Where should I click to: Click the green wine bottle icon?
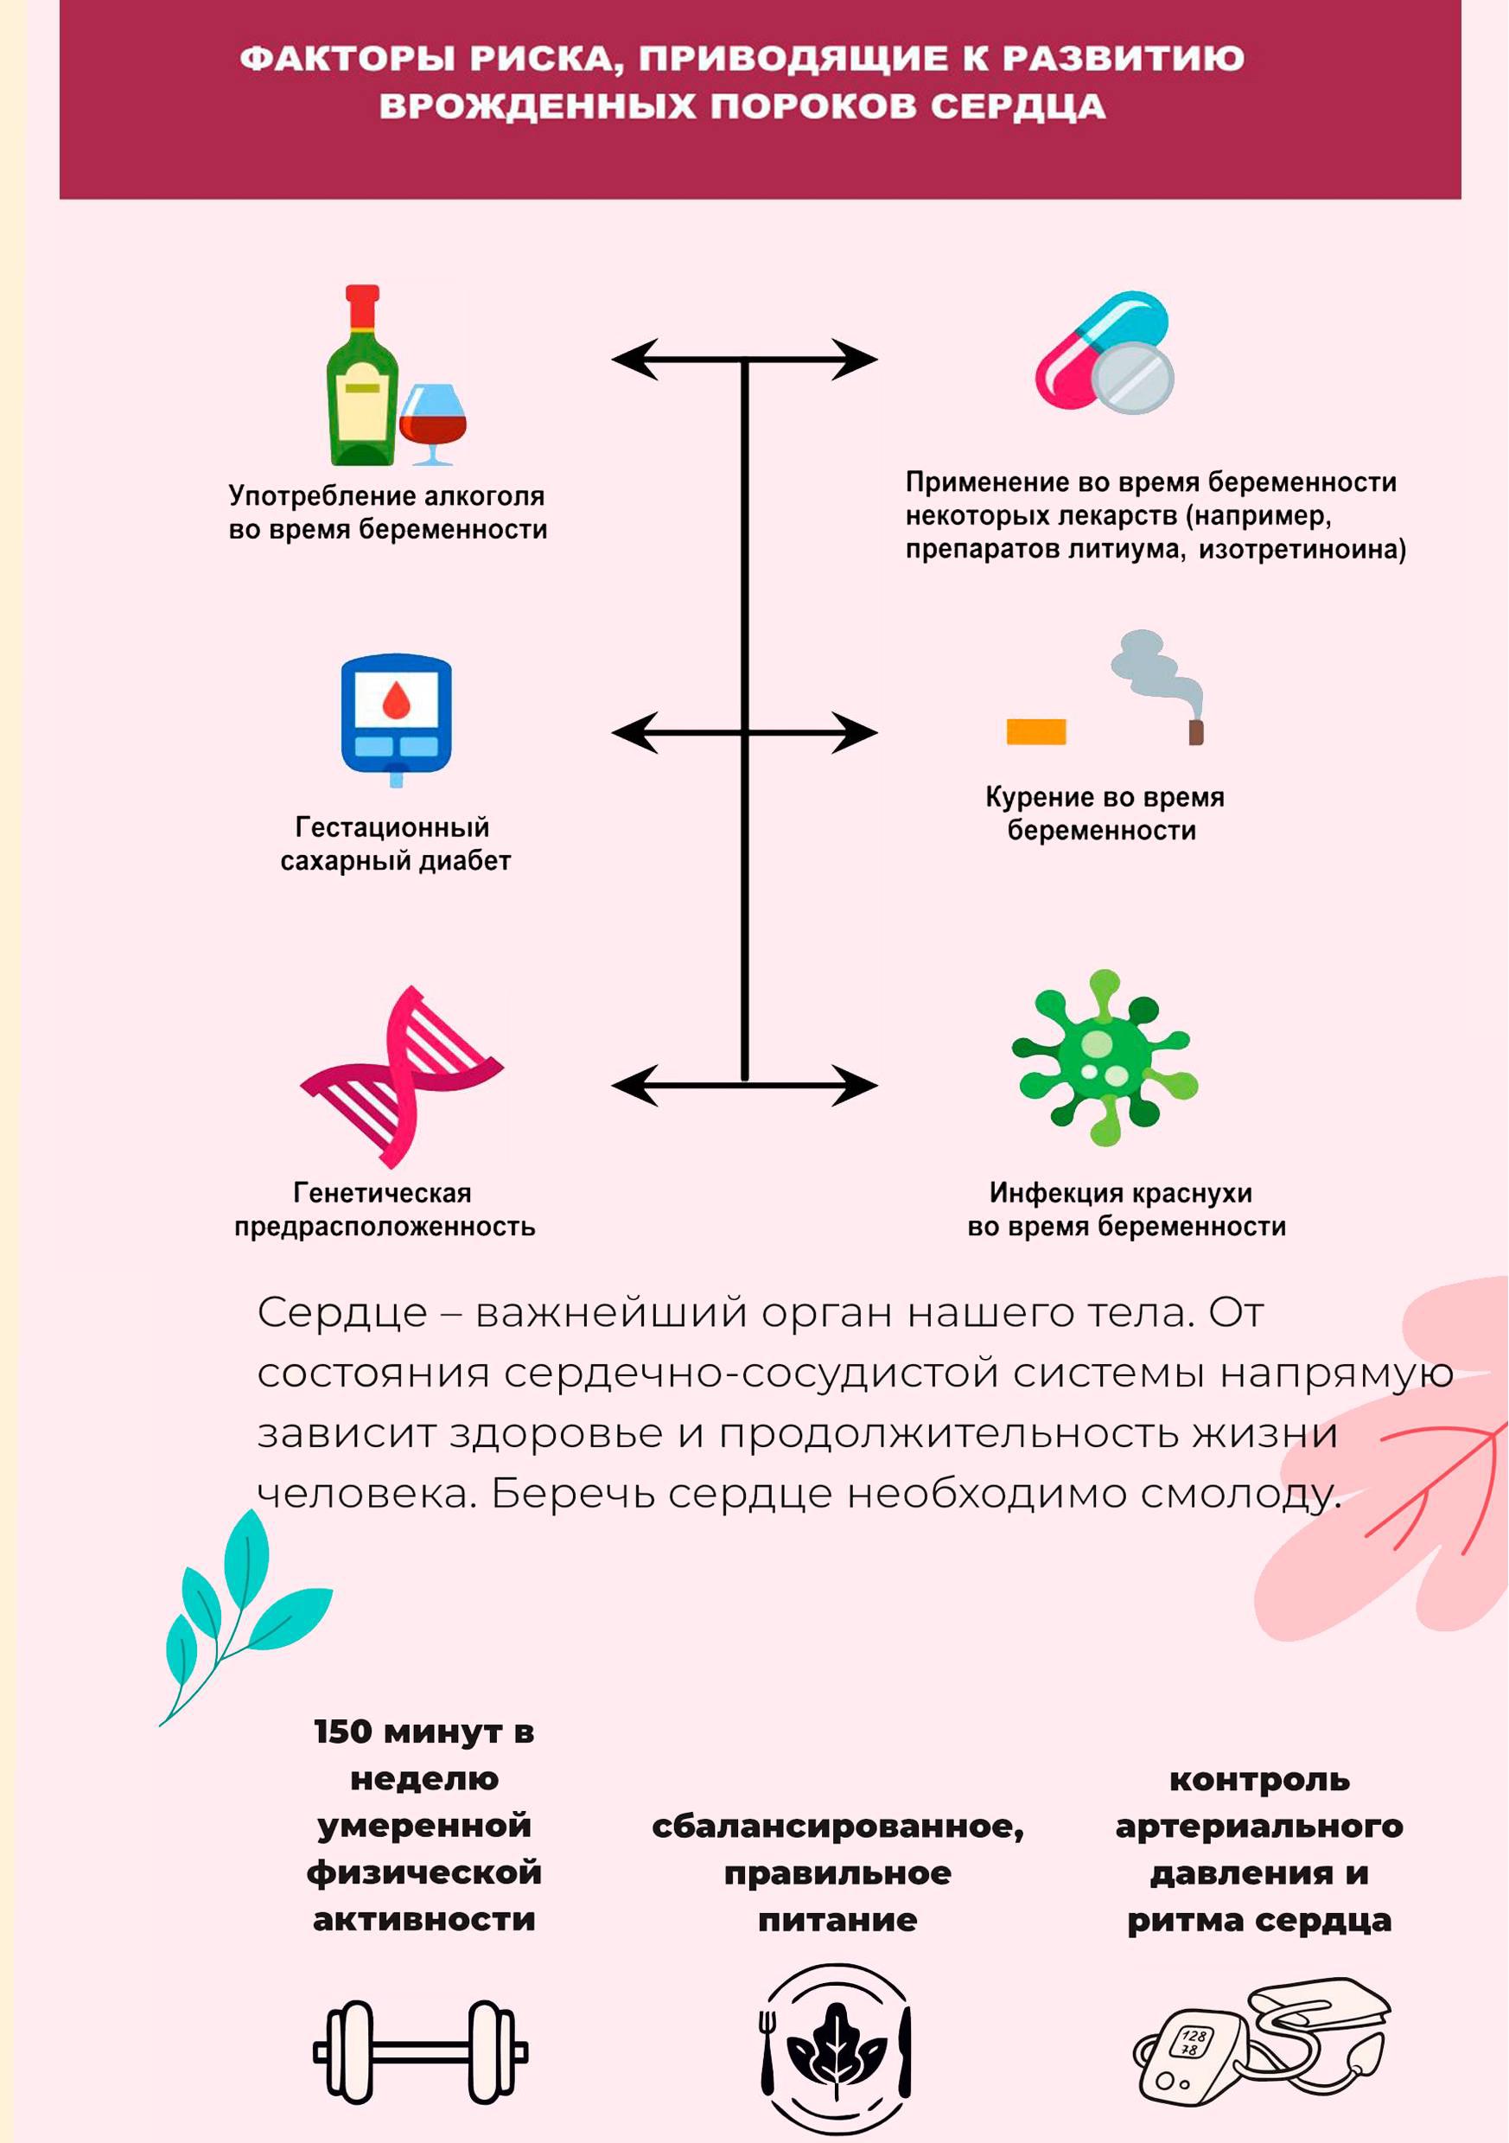click(x=362, y=375)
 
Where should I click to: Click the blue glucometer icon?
click(x=396, y=719)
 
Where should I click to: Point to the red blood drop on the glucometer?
click(x=397, y=700)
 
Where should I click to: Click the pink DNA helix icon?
click(x=401, y=1077)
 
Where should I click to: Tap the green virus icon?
click(x=1105, y=1058)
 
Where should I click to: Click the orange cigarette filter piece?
click(x=1036, y=730)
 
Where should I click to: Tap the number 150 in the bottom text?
click(x=343, y=1732)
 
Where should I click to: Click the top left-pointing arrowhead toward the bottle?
click(x=634, y=360)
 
